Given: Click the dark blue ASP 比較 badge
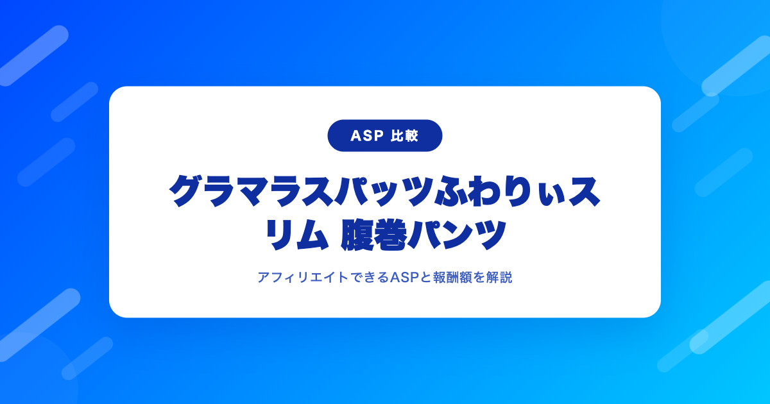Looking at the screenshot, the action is [x=384, y=136].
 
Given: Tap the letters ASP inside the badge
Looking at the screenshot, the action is [x=367, y=136].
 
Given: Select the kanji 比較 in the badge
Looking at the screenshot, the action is [x=404, y=136].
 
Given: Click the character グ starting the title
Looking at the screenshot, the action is [x=185, y=191].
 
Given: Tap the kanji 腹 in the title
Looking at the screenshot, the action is [x=357, y=236].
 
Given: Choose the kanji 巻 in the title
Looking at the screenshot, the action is [x=390, y=236].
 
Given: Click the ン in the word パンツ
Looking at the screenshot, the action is [x=456, y=236].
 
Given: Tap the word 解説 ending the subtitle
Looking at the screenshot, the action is [x=499, y=277].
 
